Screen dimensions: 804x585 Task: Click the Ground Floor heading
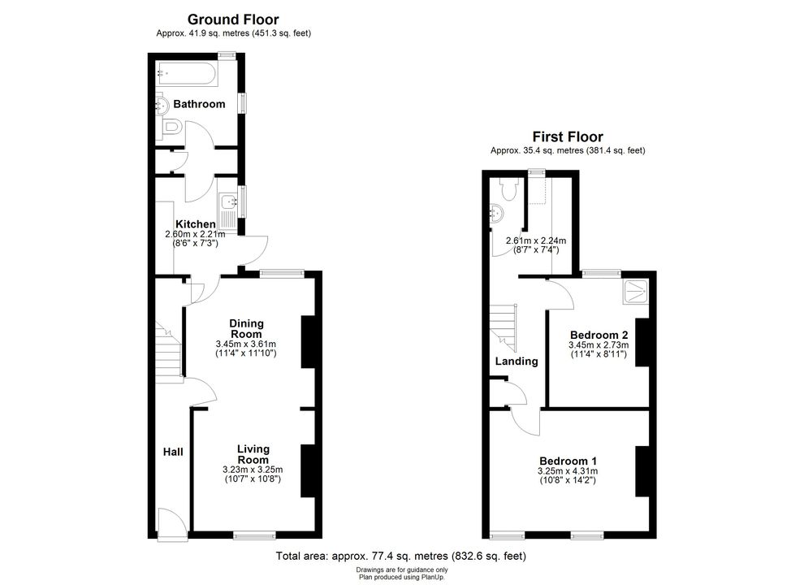[233, 19]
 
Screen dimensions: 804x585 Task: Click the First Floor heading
[568, 137]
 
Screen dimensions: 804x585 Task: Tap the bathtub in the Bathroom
[188, 74]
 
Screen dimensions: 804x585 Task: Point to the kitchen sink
[227, 210]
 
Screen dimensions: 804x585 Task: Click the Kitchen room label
[196, 224]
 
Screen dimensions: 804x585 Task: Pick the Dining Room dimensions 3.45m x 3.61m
[246, 344]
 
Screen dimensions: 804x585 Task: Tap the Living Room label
[253, 455]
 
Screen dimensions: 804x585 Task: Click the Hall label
[173, 452]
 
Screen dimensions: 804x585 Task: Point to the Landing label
[517, 362]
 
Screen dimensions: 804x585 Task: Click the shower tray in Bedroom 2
[636, 292]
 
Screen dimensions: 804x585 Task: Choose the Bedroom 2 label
[599, 336]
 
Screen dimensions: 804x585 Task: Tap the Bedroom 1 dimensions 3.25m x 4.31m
[568, 471]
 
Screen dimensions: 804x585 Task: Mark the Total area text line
[401, 556]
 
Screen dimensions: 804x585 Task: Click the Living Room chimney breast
[308, 470]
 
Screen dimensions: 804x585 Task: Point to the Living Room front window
[254, 535]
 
